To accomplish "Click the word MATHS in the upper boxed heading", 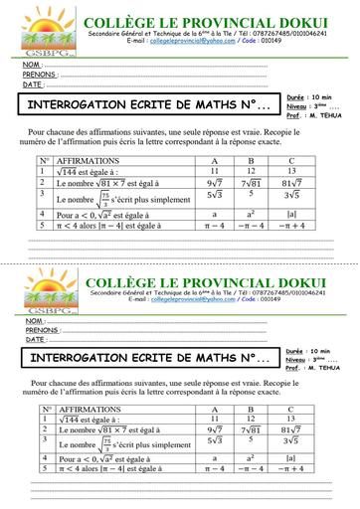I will [x=221, y=103].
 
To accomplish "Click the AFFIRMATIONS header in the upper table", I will [x=89, y=159].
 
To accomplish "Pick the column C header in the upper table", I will [x=290, y=159].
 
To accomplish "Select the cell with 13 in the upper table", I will [x=290, y=170].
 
